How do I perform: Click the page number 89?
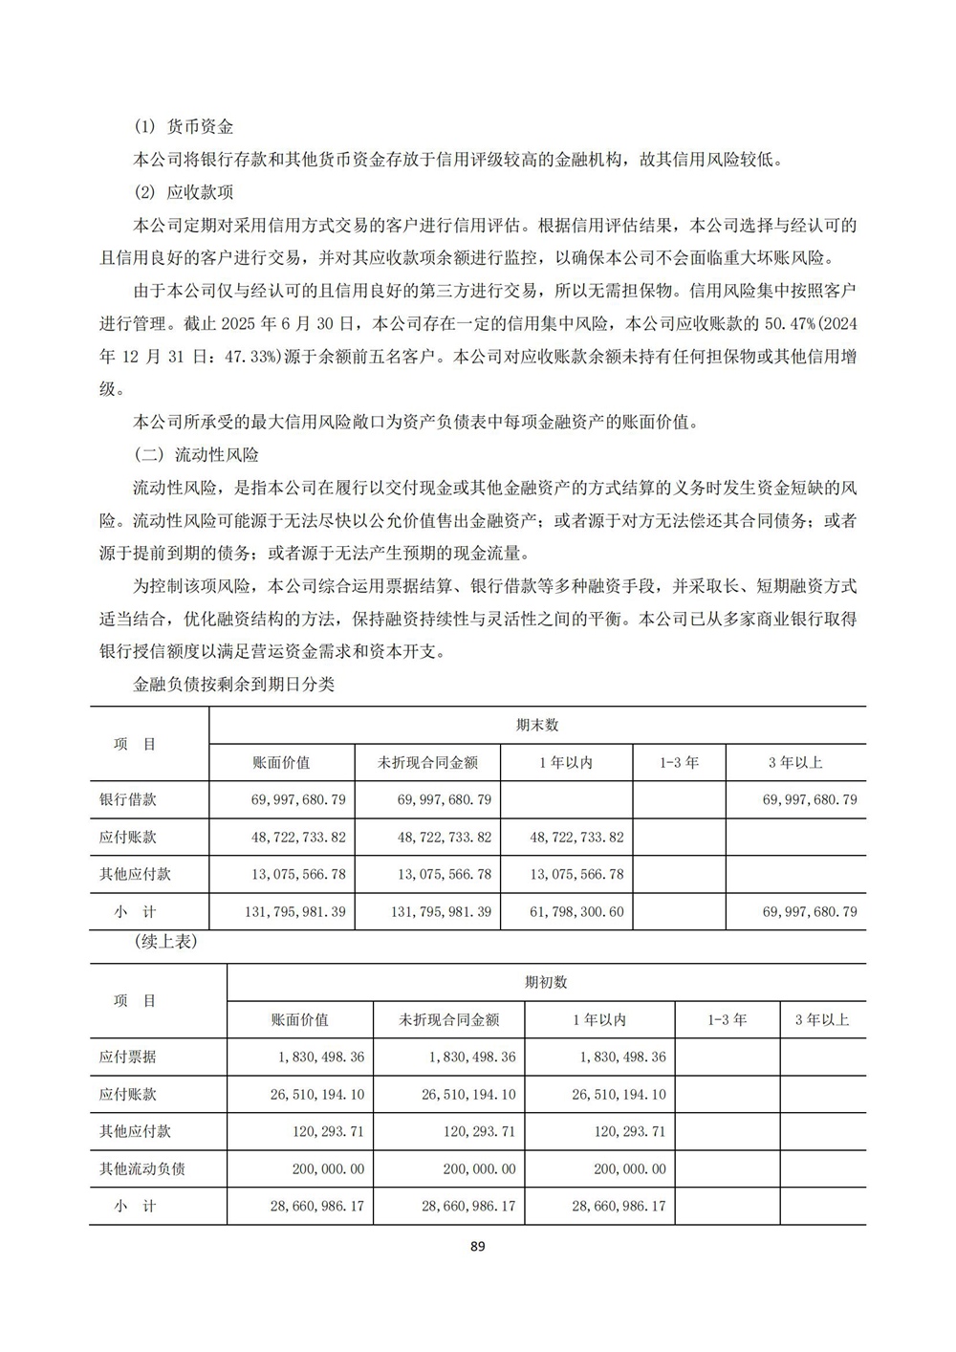tap(479, 1246)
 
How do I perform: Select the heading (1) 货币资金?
tap(185, 126)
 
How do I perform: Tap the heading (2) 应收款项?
tap(185, 191)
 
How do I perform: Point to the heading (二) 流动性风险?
tap(197, 455)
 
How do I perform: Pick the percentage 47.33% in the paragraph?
tap(251, 357)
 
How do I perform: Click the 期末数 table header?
tap(537, 725)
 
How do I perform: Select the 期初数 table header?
tap(546, 982)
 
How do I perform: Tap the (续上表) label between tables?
tap(165, 942)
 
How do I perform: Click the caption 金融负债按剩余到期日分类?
tap(234, 685)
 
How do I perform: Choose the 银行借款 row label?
tap(128, 798)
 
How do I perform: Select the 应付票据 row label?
tap(128, 1057)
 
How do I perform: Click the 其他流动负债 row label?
tap(142, 1168)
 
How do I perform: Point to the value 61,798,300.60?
tap(576, 911)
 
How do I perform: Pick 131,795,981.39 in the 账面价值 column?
tap(295, 911)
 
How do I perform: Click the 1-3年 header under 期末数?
tap(679, 762)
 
